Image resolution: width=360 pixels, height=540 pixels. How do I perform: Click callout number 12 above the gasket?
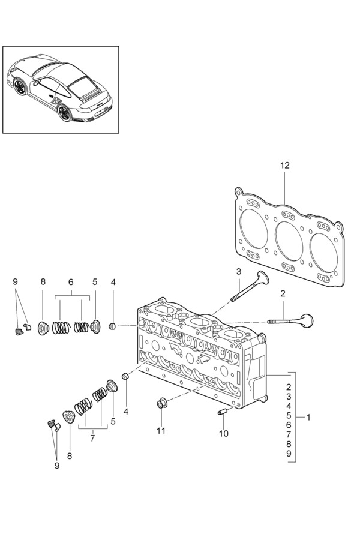[285, 166]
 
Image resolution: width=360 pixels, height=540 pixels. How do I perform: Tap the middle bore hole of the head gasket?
[289, 241]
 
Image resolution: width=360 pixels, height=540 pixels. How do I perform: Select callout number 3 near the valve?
[239, 272]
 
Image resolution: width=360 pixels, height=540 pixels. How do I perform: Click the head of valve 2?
[307, 320]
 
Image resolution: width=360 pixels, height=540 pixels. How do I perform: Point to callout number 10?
[224, 433]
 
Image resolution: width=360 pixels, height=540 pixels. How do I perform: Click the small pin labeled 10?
[222, 411]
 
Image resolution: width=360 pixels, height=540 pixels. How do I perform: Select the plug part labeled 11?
[162, 403]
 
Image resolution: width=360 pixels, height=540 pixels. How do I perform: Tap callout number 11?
[161, 430]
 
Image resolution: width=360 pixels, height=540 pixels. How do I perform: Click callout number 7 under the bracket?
[92, 439]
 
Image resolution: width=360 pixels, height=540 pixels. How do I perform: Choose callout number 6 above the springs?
[71, 282]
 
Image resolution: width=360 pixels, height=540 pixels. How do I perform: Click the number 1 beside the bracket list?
[308, 418]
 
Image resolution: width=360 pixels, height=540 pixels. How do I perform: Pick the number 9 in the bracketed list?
[289, 454]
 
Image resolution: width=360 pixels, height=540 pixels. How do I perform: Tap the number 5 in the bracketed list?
[289, 415]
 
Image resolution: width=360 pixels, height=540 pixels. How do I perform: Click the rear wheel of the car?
[64, 112]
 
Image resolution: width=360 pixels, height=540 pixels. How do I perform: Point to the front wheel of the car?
[20, 87]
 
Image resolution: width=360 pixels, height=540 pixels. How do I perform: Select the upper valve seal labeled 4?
[112, 326]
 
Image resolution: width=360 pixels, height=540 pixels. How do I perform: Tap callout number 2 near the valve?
[283, 294]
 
